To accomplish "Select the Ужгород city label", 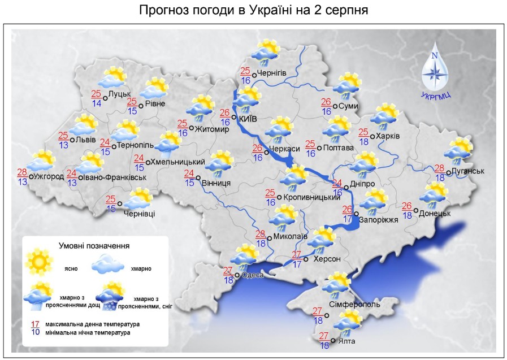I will point(49,177).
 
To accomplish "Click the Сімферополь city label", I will point(354,305).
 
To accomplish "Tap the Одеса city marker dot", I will point(237,275).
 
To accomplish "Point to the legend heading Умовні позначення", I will point(94,246).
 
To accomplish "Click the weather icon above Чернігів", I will point(267,51).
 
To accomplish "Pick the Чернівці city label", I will point(139,214).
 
